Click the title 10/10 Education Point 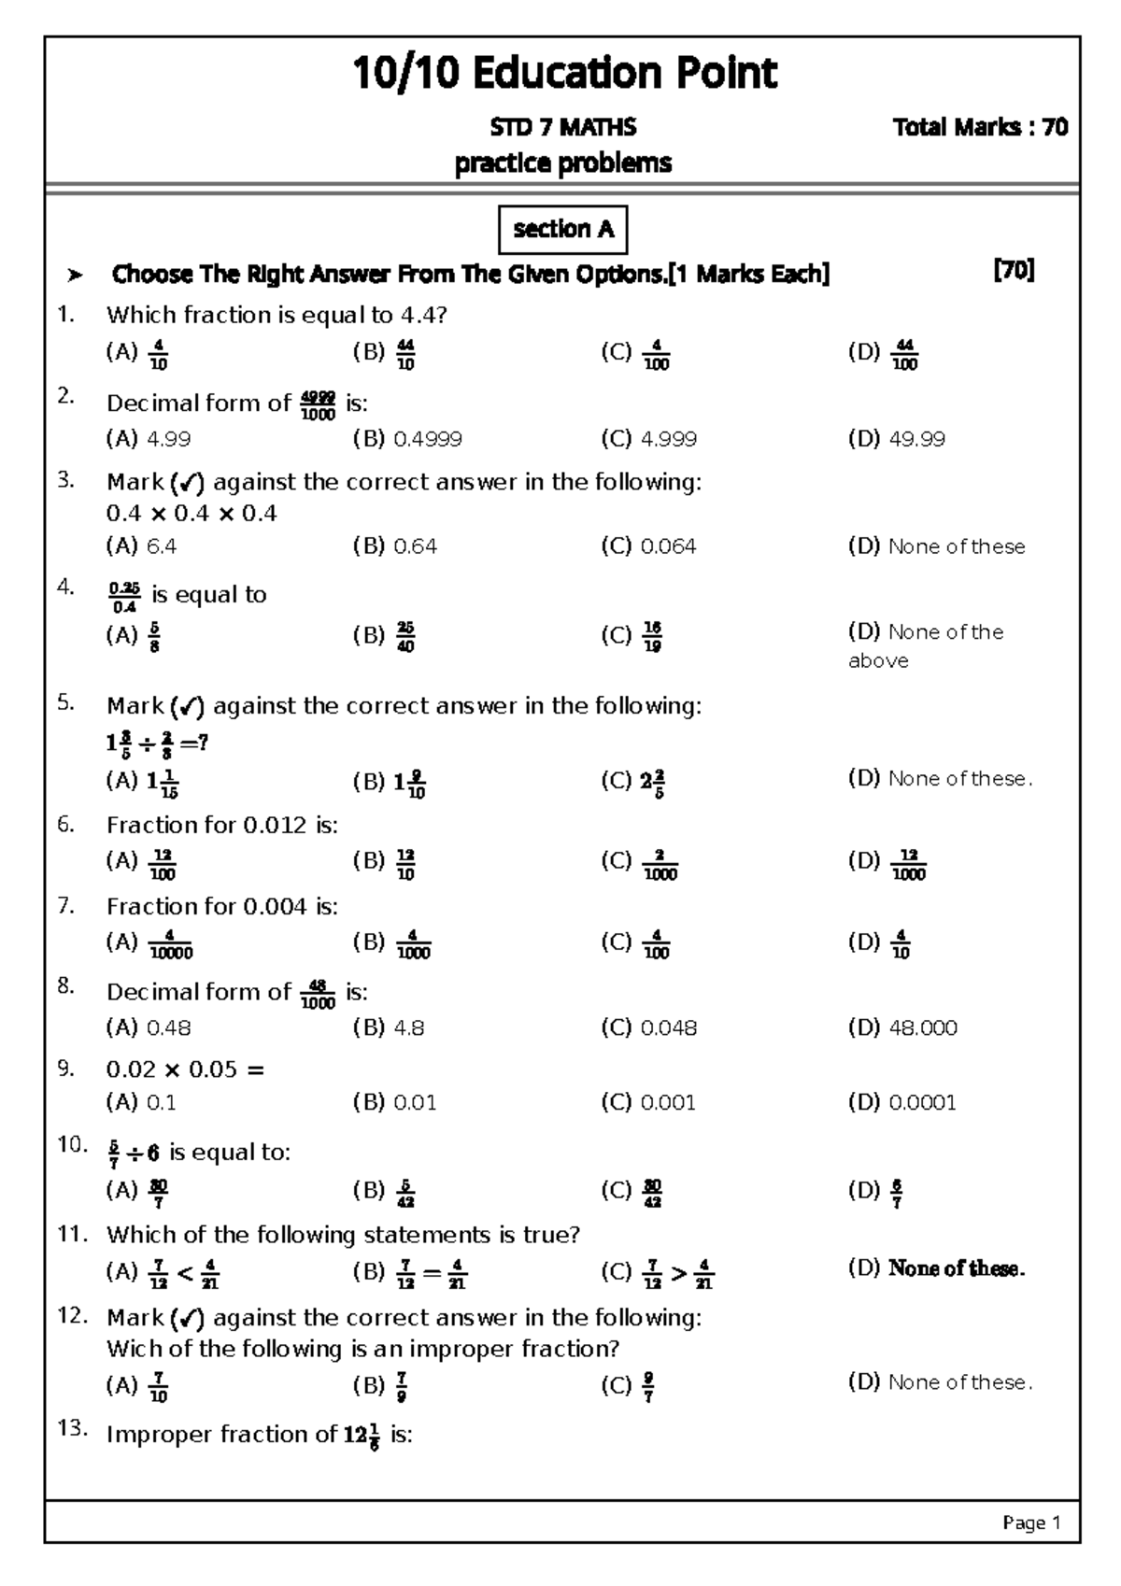(563, 73)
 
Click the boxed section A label (562, 230)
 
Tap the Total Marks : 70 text (980, 128)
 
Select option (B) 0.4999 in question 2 (407, 439)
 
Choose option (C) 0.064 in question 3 (648, 546)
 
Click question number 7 (65, 905)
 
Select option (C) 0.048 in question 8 (648, 1028)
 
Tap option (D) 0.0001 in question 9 (901, 1103)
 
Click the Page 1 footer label (1031, 1523)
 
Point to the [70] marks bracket (1014, 272)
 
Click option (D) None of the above (925, 645)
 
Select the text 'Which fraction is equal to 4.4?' (277, 316)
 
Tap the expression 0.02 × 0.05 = (185, 1069)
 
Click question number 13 (72, 1428)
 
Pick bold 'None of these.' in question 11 (956, 1268)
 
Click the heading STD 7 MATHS (562, 128)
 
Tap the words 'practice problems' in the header (562, 163)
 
